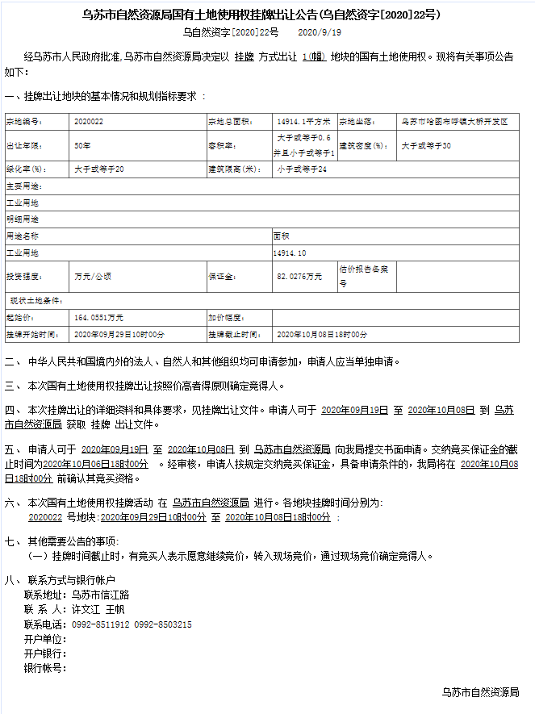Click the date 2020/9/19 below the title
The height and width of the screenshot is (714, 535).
click(320, 32)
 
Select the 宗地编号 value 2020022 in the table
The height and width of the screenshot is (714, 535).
click(88, 122)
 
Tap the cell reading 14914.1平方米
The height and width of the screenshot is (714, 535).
click(303, 122)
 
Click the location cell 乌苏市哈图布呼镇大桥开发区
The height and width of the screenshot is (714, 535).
click(454, 122)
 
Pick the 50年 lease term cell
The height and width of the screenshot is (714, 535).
click(82, 146)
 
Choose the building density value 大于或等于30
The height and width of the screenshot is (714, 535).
click(426, 146)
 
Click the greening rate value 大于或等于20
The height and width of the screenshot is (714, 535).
click(99, 169)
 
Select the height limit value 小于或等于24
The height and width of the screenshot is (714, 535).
click(301, 169)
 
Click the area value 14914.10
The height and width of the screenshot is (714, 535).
click(290, 253)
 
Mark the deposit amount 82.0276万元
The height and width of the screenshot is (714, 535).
click(299, 276)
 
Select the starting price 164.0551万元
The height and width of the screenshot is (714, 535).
click(98, 318)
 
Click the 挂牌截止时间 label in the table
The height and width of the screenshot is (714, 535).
click(233, 334)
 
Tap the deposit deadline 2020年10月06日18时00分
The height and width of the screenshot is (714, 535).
click(95, 465)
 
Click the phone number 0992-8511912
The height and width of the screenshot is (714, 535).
click(101, 624)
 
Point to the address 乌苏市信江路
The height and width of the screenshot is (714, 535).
click(101, 595)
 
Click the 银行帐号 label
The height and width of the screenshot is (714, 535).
click(44, 668)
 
